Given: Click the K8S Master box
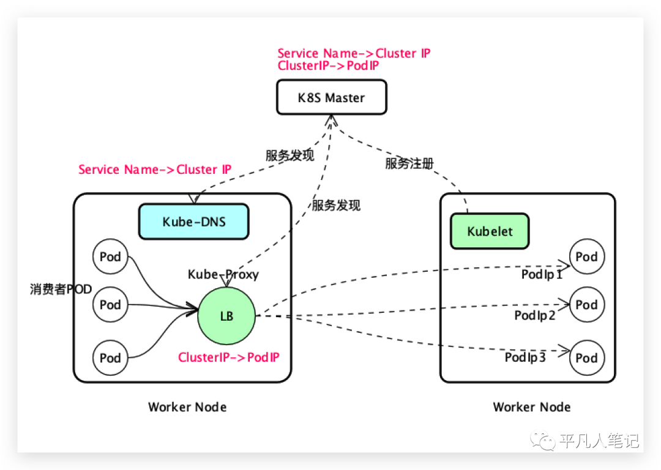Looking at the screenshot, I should (331, 97).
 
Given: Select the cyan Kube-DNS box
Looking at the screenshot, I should (193, 222).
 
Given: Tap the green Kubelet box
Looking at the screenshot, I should (490, 231).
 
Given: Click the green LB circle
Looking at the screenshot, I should (226, 316).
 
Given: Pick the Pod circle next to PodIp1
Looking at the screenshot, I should (586, 257).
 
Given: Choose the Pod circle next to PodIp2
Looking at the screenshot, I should (586, 305).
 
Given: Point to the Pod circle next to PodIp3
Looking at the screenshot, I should (586, 357).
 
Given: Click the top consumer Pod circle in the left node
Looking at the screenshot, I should (110, 257).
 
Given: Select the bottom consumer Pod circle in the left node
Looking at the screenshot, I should (110, 357).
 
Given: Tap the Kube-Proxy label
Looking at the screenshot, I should (223, 274).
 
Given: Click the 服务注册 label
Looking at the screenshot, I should (409, 163).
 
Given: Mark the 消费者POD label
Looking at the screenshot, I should (61, 289).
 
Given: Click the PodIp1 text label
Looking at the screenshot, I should (542, 275).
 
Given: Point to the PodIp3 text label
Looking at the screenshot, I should (525, 357).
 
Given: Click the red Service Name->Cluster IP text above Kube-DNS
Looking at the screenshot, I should (155, 170).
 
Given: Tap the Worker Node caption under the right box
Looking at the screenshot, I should (531, 407).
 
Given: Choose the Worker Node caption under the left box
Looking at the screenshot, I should (187, 407).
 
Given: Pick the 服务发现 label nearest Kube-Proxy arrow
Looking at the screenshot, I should (336, 206).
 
